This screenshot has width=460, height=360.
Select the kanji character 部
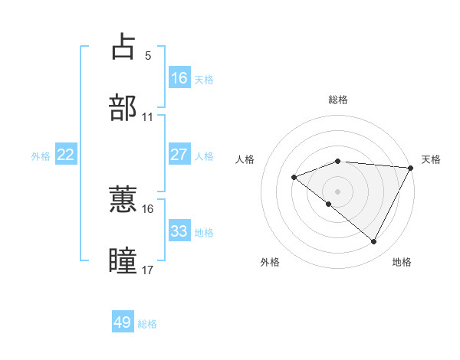123,107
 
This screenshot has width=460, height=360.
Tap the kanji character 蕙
123,199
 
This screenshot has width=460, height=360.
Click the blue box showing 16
179,77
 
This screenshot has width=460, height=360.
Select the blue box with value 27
179,154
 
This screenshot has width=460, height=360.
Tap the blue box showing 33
179,231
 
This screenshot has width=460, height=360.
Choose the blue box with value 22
65,154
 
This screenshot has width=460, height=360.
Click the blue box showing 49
122,322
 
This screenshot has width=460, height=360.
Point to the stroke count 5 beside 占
148,56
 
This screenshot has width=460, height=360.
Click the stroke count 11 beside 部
148,117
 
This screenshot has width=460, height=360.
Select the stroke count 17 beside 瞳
148,270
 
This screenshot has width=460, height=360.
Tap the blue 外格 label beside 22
41,155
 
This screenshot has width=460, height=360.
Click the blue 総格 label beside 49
147,324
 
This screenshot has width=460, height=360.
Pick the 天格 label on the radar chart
432,159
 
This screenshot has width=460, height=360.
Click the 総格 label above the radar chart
338,100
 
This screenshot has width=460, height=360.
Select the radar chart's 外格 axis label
270,262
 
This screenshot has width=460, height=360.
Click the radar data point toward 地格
374,242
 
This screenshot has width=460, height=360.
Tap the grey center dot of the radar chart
338,191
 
